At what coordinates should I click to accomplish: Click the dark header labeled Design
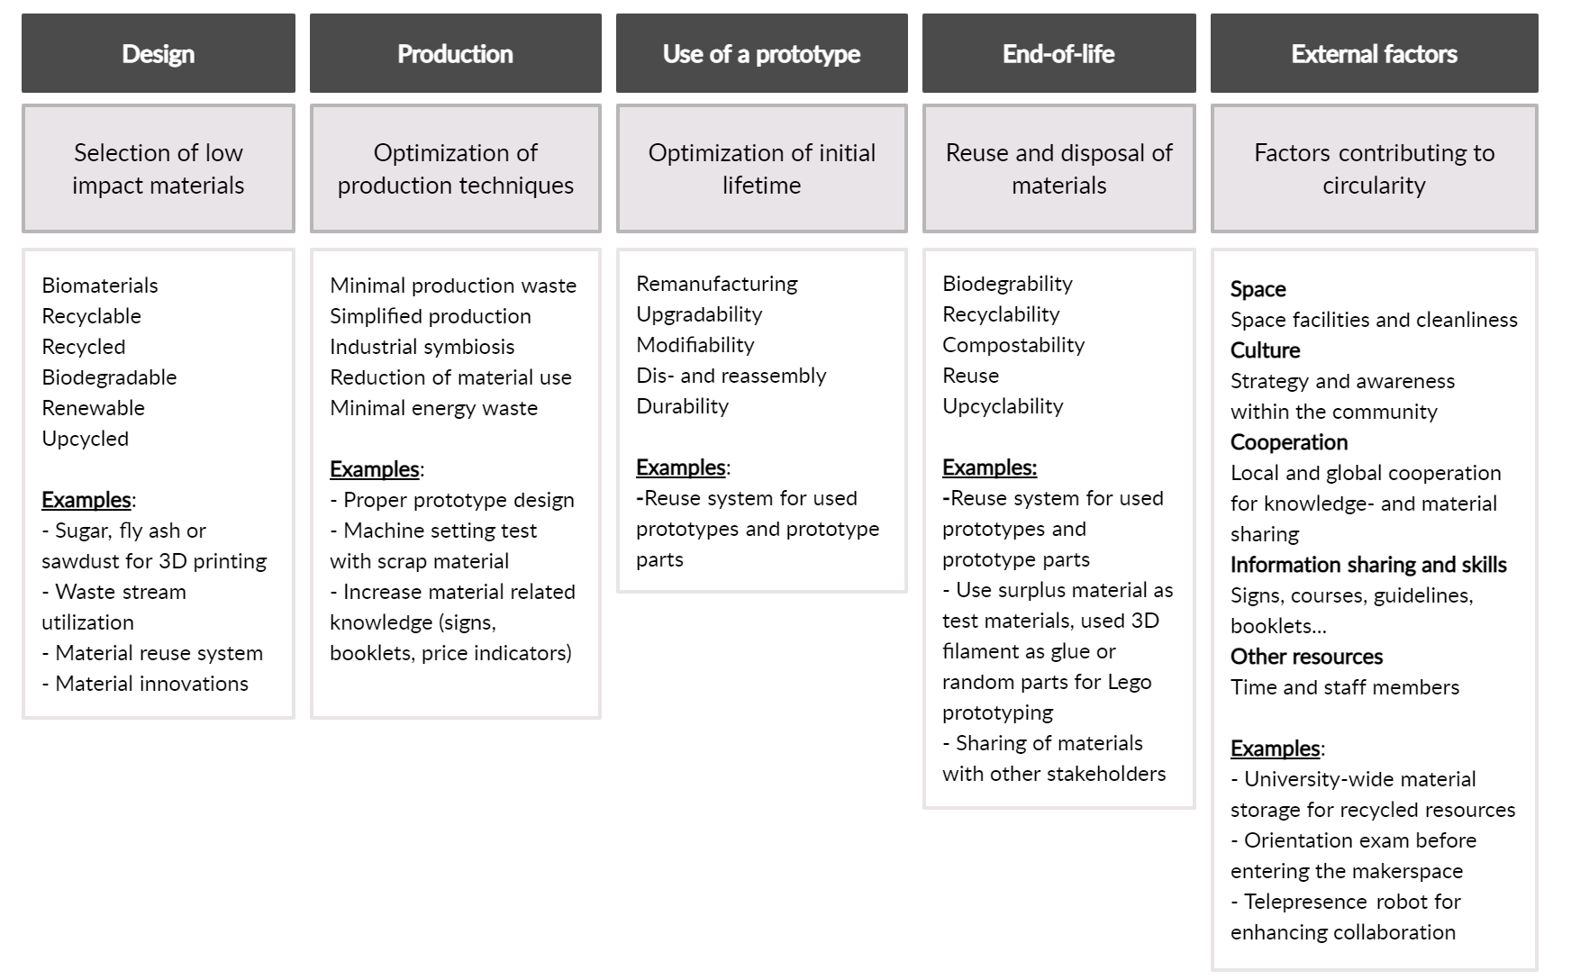tap(159, 53)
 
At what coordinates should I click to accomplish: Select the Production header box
tap(456, 53)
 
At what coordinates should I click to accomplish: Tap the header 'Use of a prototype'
tap(762, 53)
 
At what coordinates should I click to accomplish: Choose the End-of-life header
tap(1059, 53)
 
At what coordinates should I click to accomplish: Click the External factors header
tap(1375, 53)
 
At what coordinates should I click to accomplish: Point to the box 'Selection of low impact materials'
tap(159, 168)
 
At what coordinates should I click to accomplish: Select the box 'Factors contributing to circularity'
tap(1375, 168)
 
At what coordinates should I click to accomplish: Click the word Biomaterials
tap(100, 286)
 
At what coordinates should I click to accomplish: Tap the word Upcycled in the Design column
tap(86, 439)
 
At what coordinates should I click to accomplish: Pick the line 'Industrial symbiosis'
tap(422, 347)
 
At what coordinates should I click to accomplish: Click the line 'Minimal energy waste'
tap(434, 408)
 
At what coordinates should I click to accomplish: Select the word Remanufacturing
tap(717, 284)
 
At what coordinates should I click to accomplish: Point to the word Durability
tap(683, 406)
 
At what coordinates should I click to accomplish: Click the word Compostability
tap(1013, 345)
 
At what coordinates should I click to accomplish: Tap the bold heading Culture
tap(1266, 350)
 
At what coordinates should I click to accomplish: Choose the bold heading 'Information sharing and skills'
tap(1368, 565)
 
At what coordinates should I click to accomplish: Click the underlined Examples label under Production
tap(375, 469)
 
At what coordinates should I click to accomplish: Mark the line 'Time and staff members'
tap(1345, 687)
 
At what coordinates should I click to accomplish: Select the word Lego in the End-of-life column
tap(1130, 682)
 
